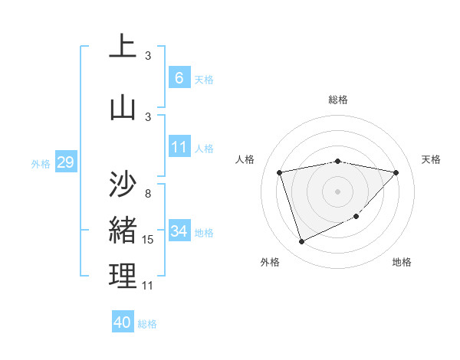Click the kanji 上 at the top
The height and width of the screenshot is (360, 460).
(x=123, y=47)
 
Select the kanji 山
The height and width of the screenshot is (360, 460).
(x=123, y=107)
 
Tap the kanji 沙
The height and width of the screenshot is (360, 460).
(x=123, y=183)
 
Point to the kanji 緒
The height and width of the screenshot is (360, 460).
(x=123, y=230)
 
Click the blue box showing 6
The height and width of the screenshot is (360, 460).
(x=179, y=77)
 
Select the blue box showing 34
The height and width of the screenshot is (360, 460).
(x=179, y=231)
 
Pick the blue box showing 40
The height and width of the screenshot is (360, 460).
(x=123, y=322)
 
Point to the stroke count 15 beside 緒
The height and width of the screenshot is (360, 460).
(x=148, y=241)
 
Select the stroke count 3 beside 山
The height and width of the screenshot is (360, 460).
(x=148, y=116)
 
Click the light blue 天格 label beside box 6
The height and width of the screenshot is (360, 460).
(x=204, y=79)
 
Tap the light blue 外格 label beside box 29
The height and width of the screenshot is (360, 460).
(x=41, y=163)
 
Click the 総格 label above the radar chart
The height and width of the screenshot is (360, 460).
(x=338, y=100)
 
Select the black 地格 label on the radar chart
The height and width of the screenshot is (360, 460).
(x=402, y=262)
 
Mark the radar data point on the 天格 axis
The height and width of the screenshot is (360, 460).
(x=396, y=172)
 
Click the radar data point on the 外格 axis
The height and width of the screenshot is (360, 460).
(x=301, y=242)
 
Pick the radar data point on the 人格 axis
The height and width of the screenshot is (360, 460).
(x=280, y=172)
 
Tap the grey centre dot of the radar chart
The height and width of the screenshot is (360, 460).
(x=337, y=191)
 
